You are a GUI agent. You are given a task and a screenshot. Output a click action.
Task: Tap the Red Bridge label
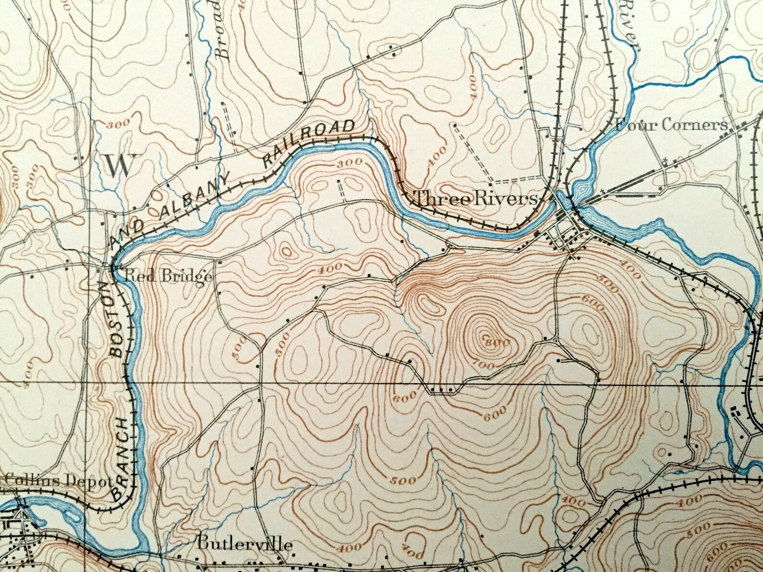168,277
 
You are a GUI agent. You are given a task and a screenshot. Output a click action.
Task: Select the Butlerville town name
244,545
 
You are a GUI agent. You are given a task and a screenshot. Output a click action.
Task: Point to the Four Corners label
671,125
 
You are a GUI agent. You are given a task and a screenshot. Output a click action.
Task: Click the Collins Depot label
58,481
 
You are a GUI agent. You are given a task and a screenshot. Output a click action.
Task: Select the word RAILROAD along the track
310,143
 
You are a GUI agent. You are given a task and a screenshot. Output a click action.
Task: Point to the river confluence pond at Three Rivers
581,189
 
